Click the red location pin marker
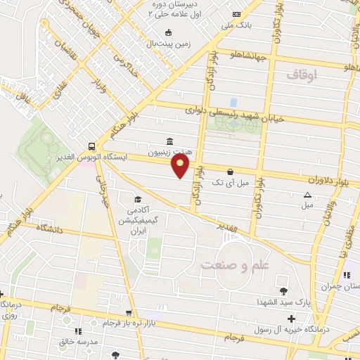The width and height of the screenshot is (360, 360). pos(181,166)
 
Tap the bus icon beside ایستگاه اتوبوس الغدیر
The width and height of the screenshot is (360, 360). pos(91,147)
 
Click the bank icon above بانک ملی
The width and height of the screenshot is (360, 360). pos(236,14)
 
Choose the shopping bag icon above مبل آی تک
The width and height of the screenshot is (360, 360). pos(230,171)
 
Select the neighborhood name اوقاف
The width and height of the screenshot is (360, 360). pos(303,74)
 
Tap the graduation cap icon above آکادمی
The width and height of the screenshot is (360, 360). pos(138,199)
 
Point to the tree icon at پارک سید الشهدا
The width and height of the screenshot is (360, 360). pos(283,291)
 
